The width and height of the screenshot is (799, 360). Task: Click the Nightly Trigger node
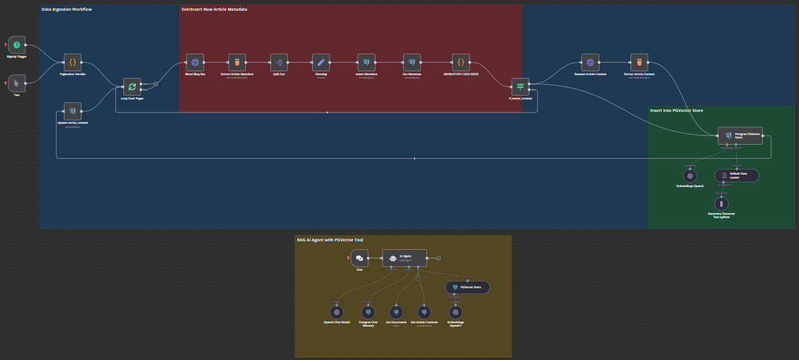point(17,45)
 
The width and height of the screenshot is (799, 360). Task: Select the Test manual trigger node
point(17,83)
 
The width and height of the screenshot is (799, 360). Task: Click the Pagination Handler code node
point(72,63)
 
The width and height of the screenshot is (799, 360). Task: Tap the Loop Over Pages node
point(132,86)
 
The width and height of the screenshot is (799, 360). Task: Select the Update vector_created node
point(72,111)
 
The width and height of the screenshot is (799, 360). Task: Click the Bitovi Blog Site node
point(195,63)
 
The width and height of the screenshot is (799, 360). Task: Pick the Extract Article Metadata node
point(237,63)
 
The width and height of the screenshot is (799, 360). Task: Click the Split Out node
point(279,63)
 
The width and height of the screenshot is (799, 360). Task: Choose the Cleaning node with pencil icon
point(321,63)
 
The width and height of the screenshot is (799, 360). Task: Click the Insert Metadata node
point(366,63)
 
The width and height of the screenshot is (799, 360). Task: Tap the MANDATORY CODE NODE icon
point(461,63)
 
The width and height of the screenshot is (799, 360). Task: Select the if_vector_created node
point(520,86)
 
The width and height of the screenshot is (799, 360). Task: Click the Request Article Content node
point(590,63)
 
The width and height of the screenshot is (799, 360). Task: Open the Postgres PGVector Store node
point(740,136)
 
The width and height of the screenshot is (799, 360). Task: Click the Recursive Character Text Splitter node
point(722,203)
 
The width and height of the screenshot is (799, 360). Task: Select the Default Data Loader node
point(737,175)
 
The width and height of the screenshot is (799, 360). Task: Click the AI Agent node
point(404,258)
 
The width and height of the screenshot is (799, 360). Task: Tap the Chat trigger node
point(359,258)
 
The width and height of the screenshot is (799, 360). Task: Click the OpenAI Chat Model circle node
point(336,312)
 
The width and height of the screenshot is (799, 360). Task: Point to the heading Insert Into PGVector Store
point(676,110)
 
